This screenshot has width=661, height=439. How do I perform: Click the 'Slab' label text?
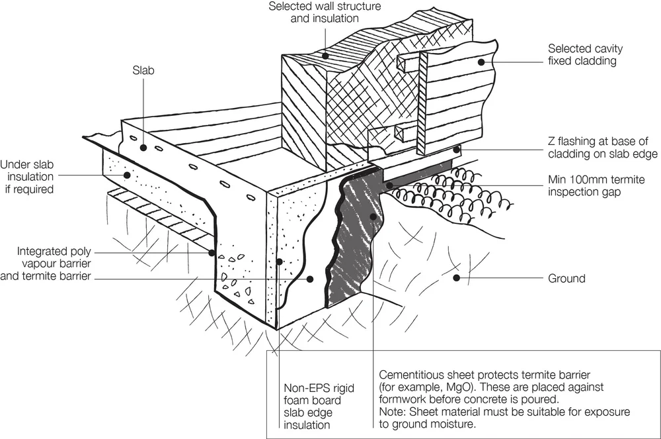click(143, 70)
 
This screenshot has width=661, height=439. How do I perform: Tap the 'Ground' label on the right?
click(566, 279)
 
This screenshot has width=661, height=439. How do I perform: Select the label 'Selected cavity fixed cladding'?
click(585, 55)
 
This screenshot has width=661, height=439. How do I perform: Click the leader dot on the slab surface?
click(143, 148)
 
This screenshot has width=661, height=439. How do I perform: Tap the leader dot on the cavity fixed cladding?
click(482, 62)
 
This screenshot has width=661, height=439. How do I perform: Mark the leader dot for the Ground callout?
click(455, 279)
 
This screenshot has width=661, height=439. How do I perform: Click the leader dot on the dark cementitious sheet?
click(373, 217)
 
